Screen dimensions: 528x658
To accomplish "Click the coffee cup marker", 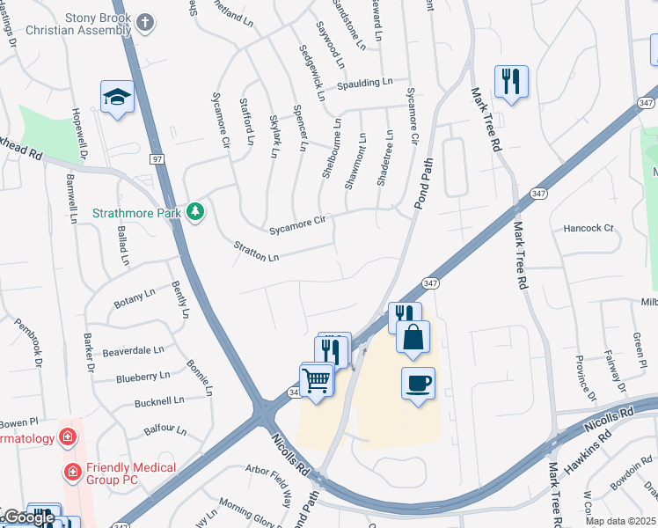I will [x=418, y=384].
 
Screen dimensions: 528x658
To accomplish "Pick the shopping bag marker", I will [x=412, y=337].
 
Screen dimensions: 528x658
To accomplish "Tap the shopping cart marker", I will [x=317, y=381].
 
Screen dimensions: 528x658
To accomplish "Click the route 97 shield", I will [x=157, y=159].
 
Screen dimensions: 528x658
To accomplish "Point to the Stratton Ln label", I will [x=256, y=252].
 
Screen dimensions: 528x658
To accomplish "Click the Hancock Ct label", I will [x=588, y=228].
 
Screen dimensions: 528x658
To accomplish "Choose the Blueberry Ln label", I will [x=143, y=377].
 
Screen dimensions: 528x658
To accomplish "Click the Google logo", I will [x=28, y=517].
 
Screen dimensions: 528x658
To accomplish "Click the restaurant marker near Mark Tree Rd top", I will [x=510, y=82].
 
